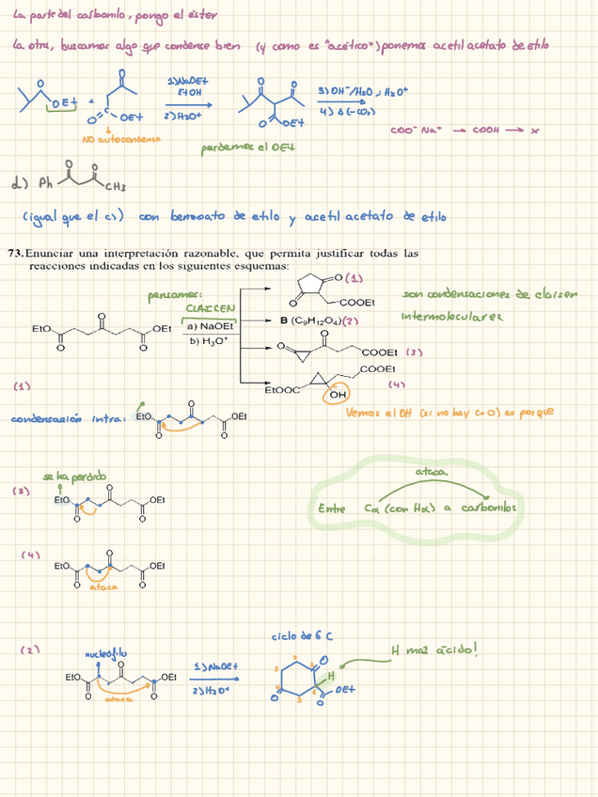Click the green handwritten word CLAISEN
(211, 307)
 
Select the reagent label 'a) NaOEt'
(211, 325)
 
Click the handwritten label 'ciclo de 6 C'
(301, 636)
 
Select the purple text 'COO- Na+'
(415, 131)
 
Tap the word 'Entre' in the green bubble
(332, 508)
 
